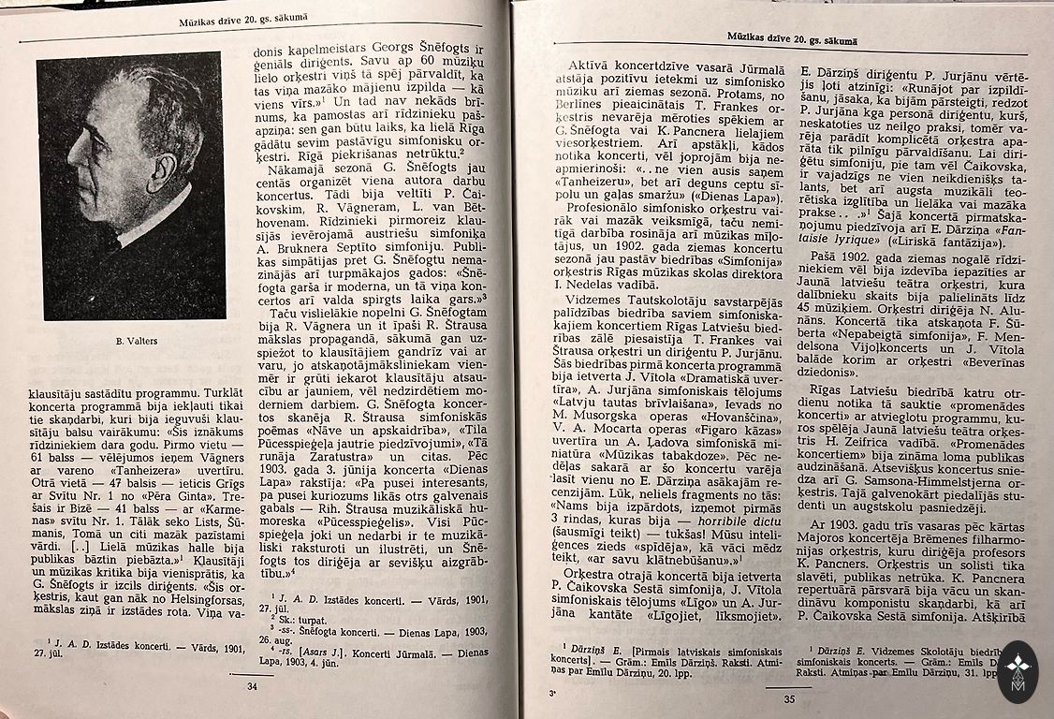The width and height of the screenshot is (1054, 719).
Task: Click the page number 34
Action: pos(251,686)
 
